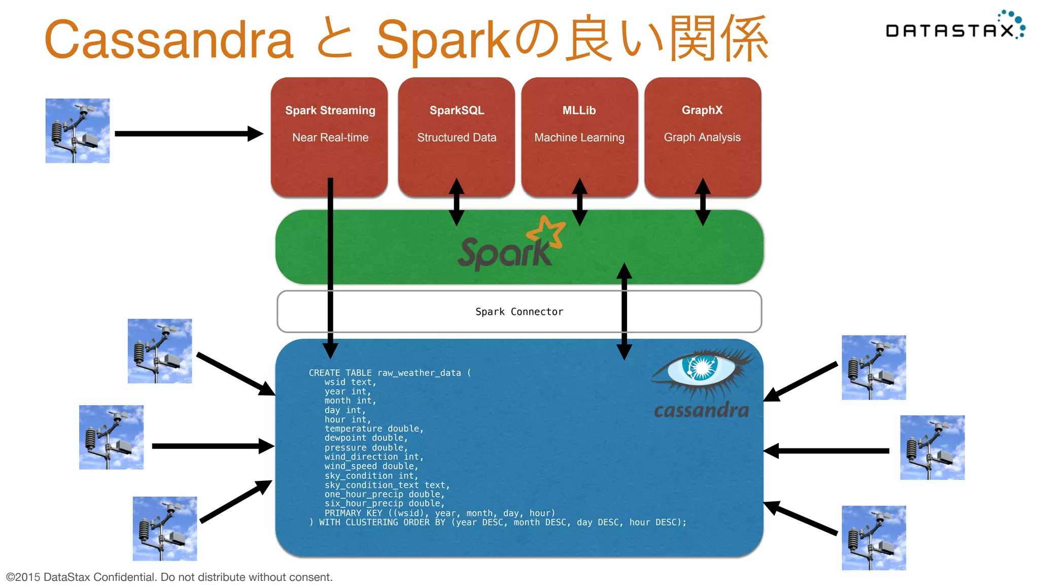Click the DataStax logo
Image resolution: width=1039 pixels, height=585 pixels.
click(954, 28)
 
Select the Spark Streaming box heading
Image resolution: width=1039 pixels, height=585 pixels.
click(330, 110)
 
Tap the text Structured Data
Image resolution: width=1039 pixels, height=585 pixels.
click(457, 138)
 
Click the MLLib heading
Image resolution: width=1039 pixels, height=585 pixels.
click(579, 110)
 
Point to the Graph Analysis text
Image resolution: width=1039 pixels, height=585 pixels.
click(702, 137)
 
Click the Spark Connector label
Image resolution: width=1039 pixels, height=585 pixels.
click(519, 311)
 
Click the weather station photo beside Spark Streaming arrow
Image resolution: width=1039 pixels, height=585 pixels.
click(78, 131)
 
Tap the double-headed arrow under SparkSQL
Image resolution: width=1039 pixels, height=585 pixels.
click(457, 202)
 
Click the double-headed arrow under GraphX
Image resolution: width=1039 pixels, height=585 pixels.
click(703, 202)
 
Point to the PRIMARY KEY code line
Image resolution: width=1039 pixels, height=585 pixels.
click(439, 513)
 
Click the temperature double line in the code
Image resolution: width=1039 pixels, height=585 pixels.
click(374, 429)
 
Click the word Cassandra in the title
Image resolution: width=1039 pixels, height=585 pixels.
click(169, 40)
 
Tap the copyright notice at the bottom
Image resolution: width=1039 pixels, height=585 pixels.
click(169, 577)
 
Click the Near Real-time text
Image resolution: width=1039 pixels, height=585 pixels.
click(330, 138)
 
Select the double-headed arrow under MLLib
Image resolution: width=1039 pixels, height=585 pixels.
click(579, 202)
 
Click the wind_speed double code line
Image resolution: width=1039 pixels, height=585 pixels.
click(371, 466)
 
